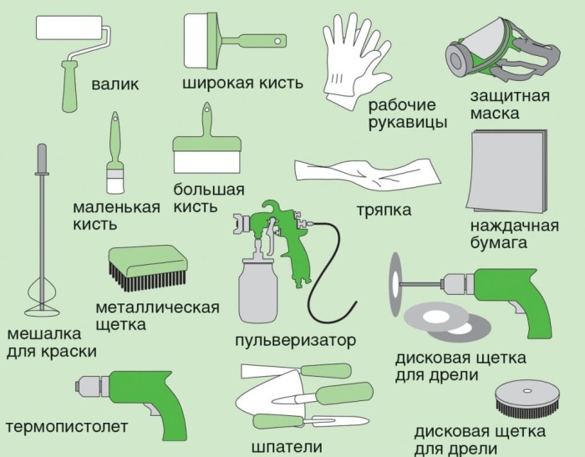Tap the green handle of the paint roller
(x=67, y=88)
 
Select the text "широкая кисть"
(x=242, y=84)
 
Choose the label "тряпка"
(x=384, y=211)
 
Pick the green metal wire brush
(x=145, y=267)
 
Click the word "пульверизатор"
(x=295, y=340)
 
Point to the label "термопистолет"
(x=67, y=427)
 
